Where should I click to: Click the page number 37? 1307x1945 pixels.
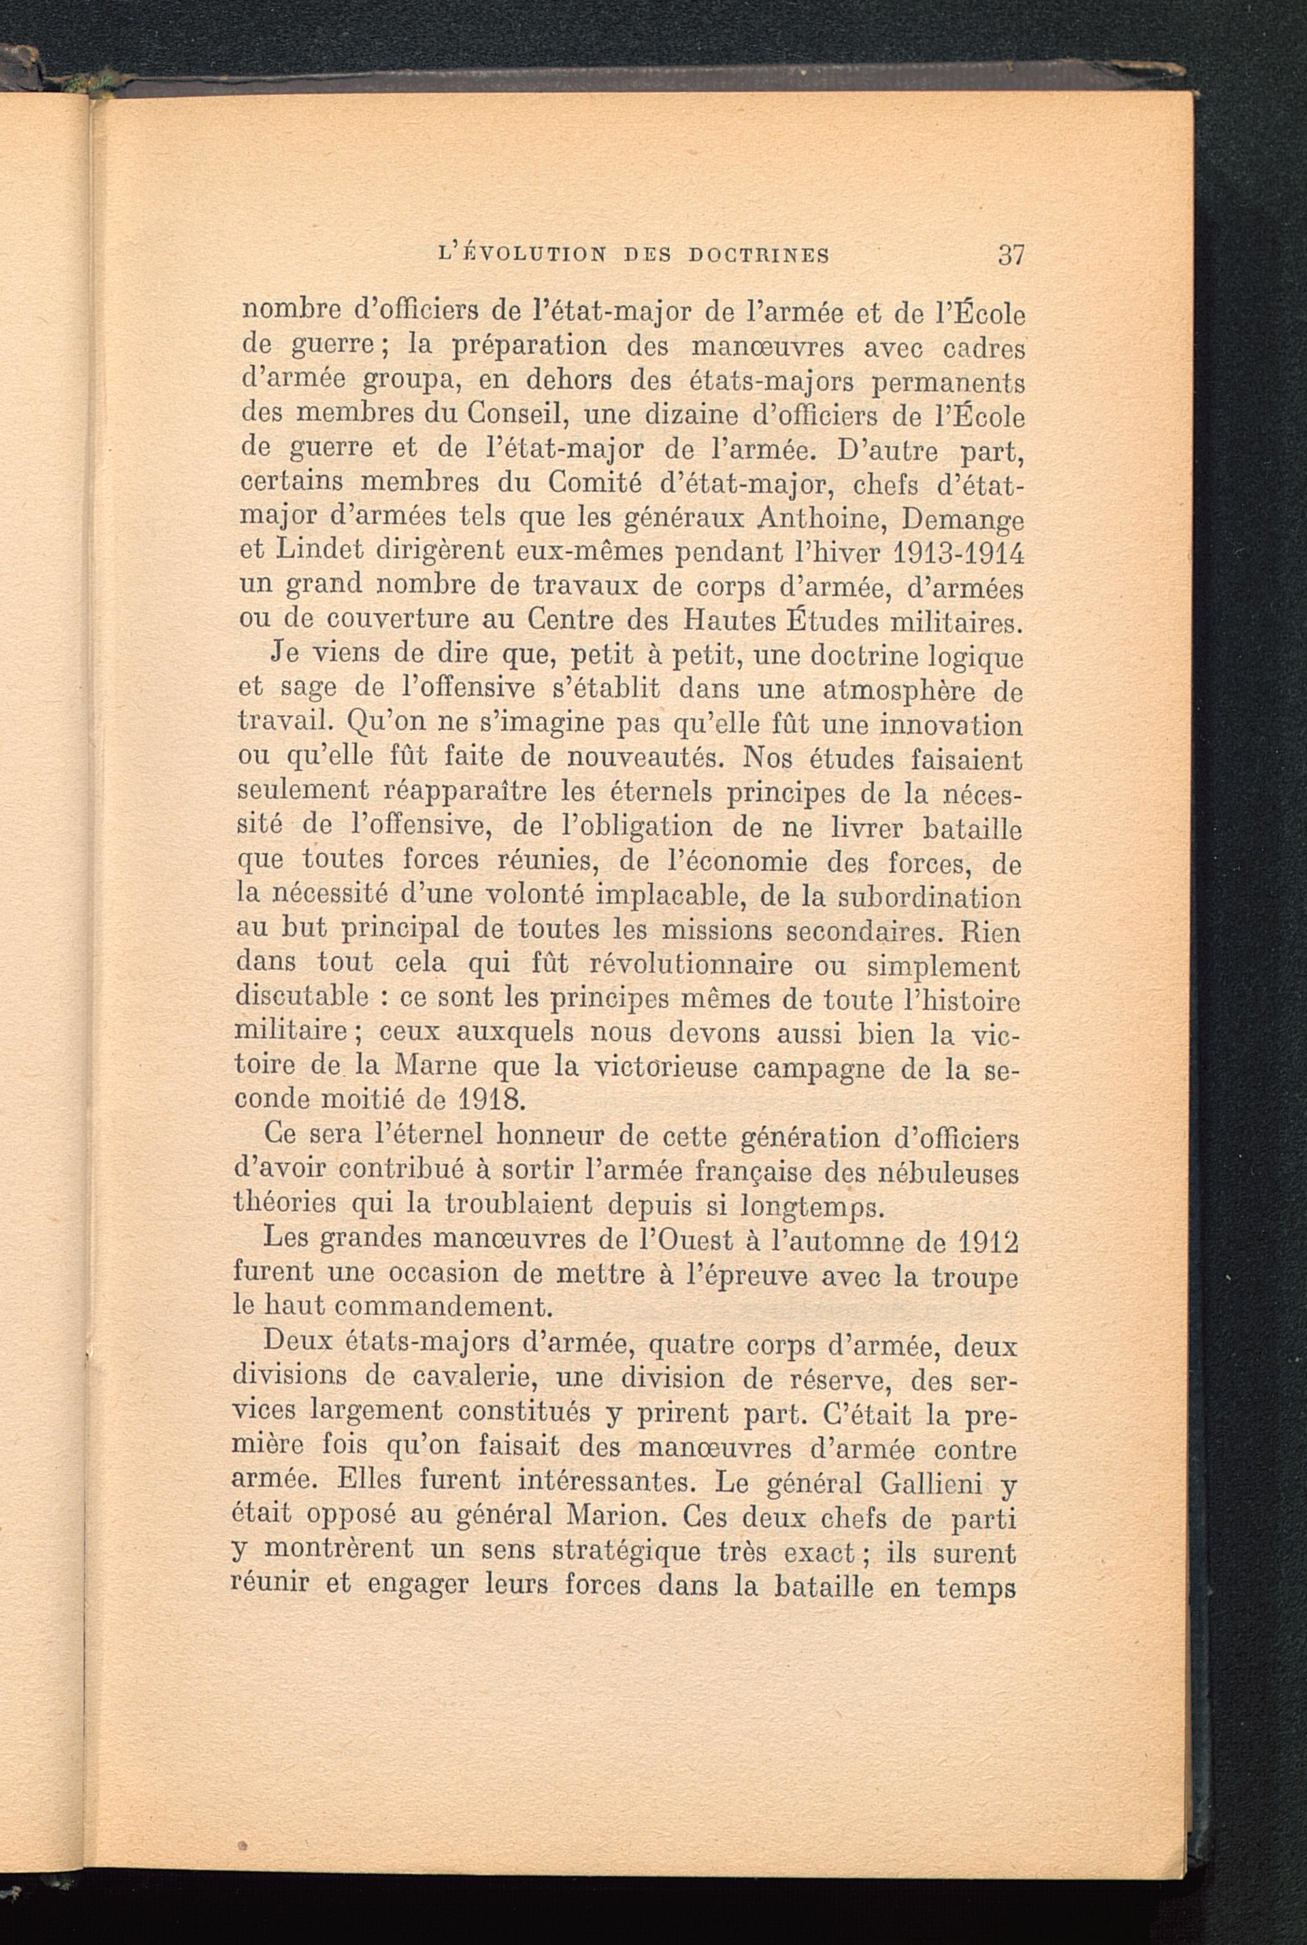[x=1010, y=254]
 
